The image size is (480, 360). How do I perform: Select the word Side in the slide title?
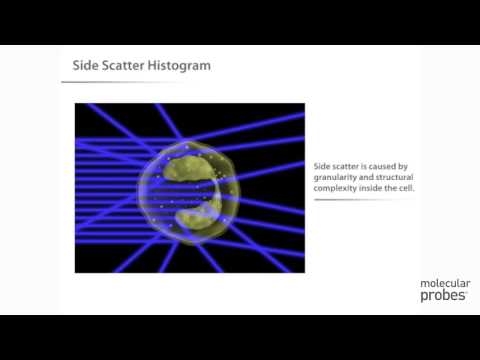coord(83,66)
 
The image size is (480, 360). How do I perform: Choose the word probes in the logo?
coord(441,297)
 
